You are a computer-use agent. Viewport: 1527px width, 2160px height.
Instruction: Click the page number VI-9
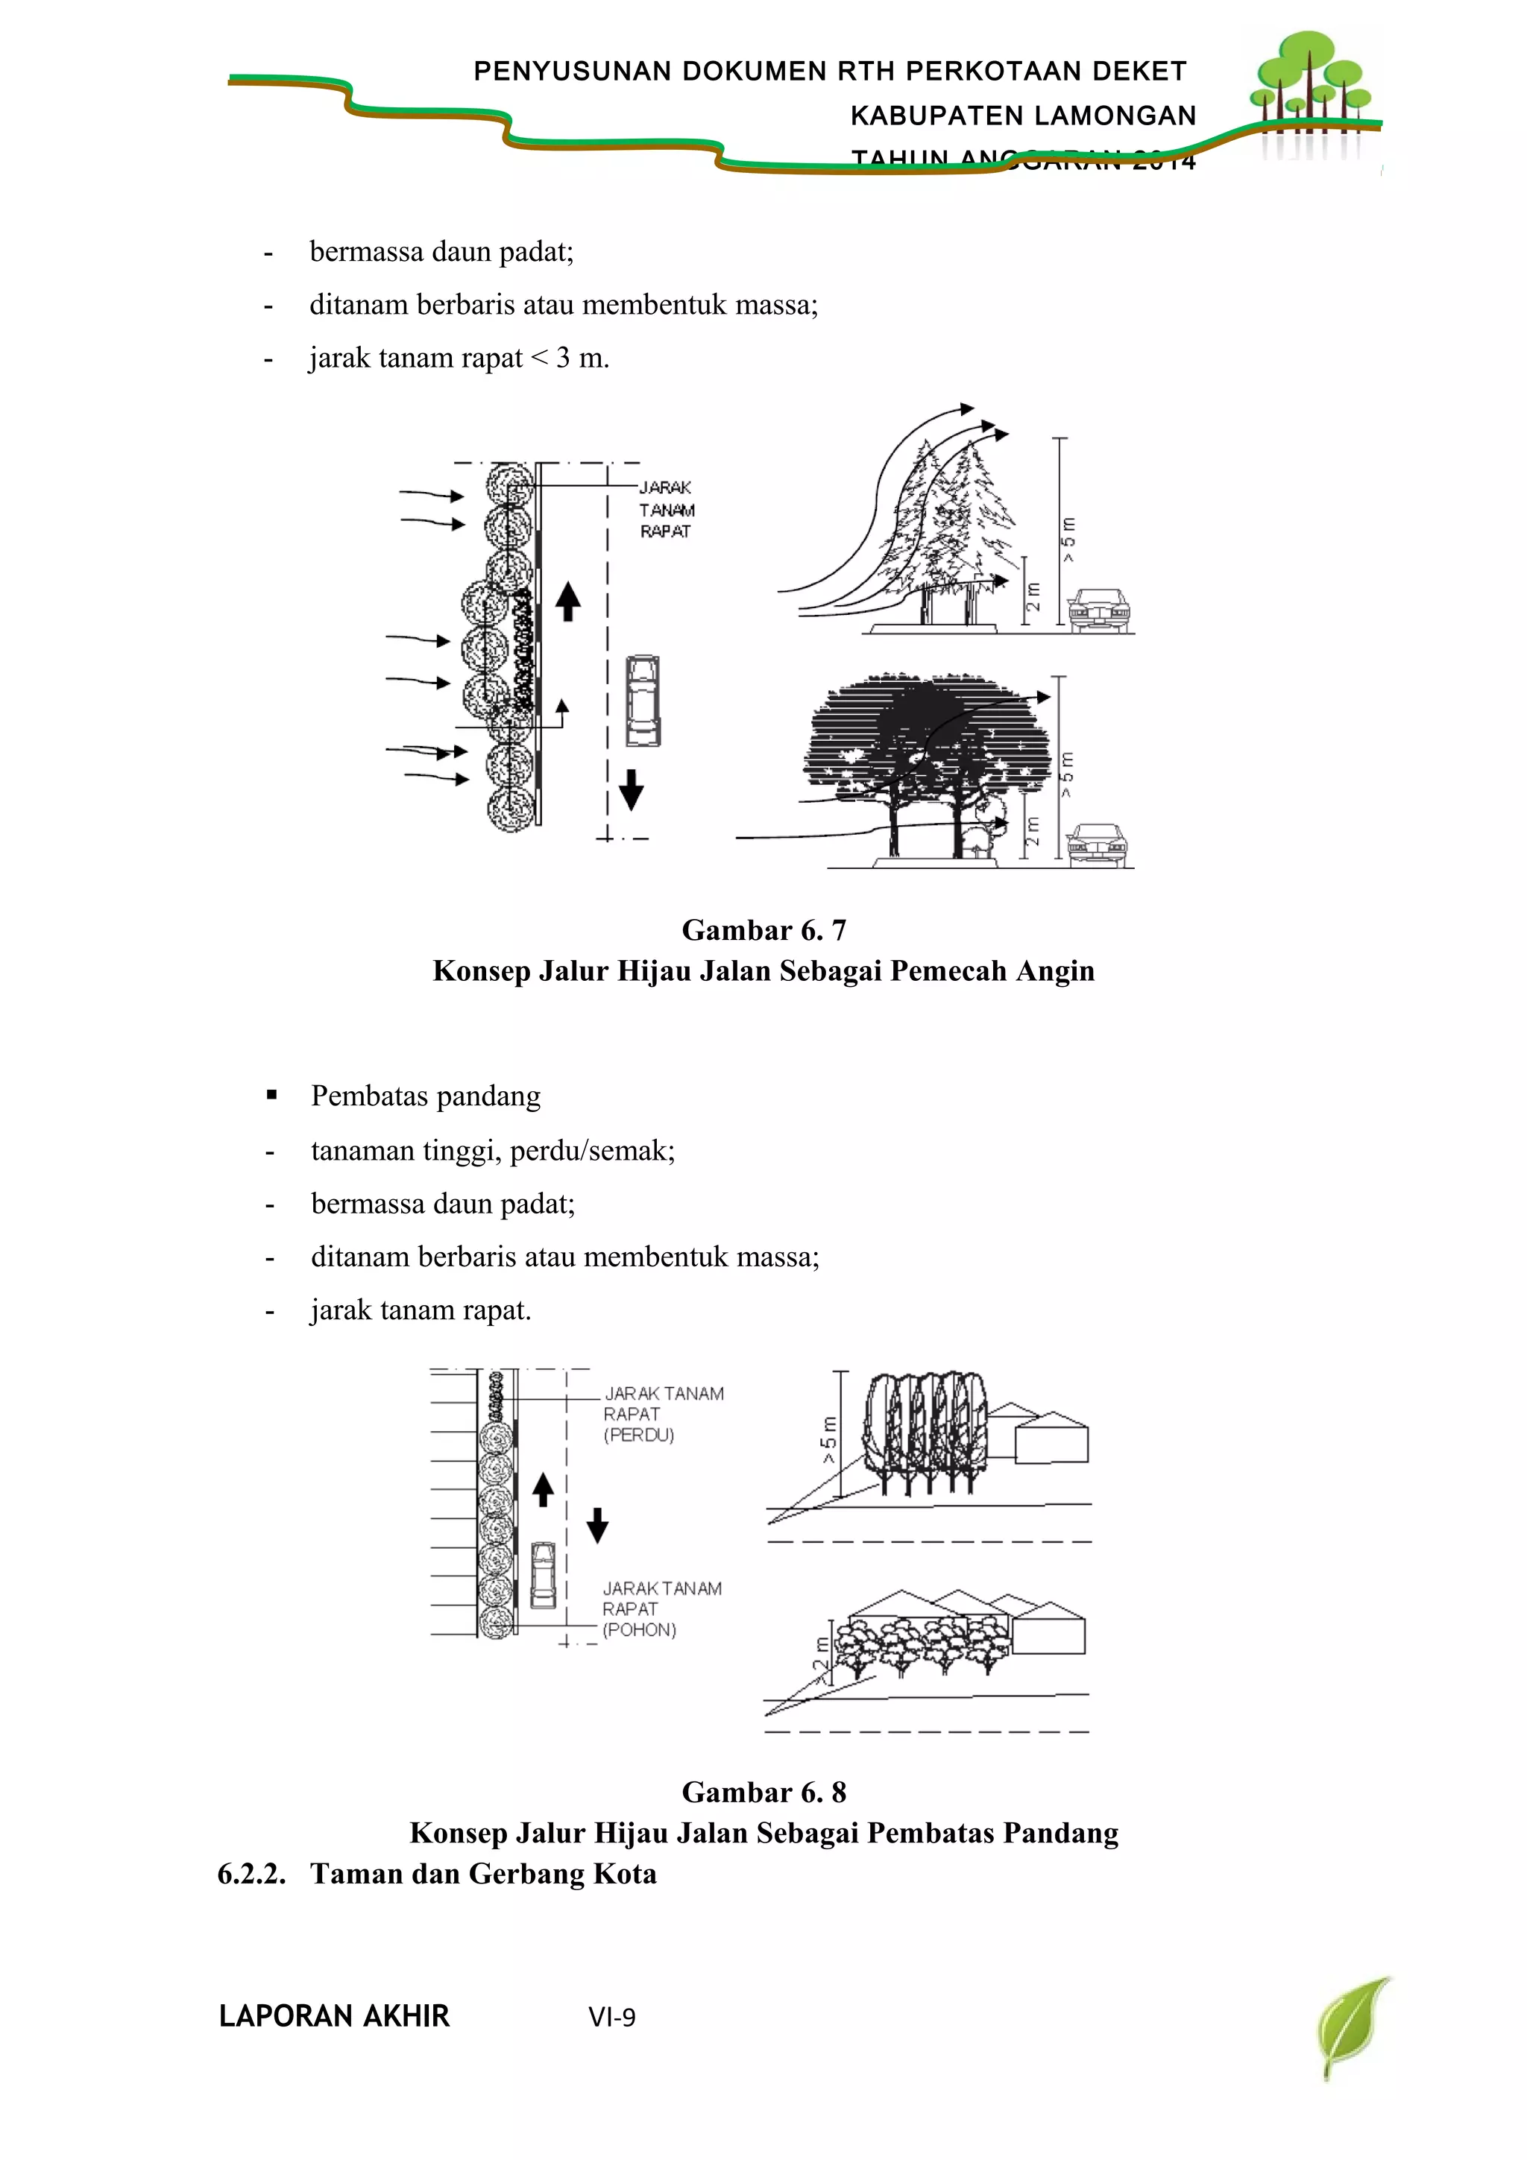point(611,2017)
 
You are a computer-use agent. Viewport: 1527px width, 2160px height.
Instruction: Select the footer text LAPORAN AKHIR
point(334,2016)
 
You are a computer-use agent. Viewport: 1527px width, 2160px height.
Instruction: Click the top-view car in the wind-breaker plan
point(643,701)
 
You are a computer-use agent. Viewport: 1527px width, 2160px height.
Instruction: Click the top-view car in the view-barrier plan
point(543,1576)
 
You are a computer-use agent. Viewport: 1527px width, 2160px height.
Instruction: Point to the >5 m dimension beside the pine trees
point(1068,540)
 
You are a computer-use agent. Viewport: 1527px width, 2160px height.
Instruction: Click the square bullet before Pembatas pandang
point(272,1095)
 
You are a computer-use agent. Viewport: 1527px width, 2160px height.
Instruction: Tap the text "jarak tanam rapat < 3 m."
point(459,359)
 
